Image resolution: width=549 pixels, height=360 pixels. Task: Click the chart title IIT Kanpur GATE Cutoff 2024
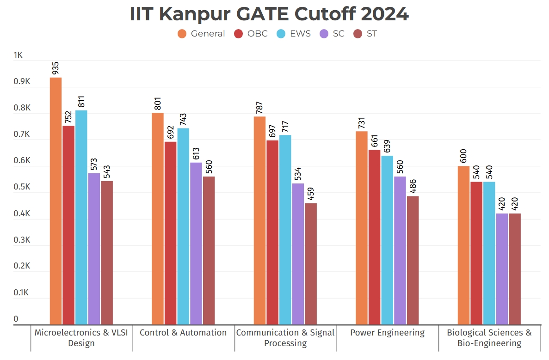click(x=269, y=14)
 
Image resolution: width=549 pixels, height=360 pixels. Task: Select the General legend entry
click(x=202, y=34)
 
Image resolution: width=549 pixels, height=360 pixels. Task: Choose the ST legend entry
click(x=365, y=34)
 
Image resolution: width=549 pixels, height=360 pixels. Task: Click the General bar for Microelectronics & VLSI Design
click(x=56, y=201)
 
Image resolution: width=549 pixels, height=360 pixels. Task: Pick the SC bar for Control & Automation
click(x=196, y=244)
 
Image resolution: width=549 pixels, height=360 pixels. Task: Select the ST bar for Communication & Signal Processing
click(x=311, y=264)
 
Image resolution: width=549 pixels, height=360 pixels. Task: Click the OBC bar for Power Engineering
click(x=375, y=237)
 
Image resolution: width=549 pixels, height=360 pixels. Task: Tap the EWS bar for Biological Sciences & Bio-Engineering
click(x=489, y=253)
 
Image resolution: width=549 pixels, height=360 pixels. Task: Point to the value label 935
click(x=56, y=68)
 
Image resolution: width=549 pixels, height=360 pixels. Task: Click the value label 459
click(x=311, y=194)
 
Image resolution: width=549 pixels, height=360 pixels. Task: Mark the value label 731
click(x=362, y=122)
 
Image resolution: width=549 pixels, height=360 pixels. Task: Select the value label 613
click(x=196, y=153)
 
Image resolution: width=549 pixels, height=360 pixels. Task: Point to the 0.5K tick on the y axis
click(x=21, y=188)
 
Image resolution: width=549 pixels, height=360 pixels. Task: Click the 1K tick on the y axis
click(x=18, y=55)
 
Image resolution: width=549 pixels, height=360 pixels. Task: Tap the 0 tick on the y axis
click(x=16, y=319)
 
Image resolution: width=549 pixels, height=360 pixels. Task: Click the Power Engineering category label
click(x=387, y=333)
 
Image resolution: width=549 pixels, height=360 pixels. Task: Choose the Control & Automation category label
click(x=183, y=333)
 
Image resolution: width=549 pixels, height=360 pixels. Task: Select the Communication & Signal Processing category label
click(x=285, y=338)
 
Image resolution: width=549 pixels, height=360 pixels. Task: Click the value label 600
click(x=464, y=157)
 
